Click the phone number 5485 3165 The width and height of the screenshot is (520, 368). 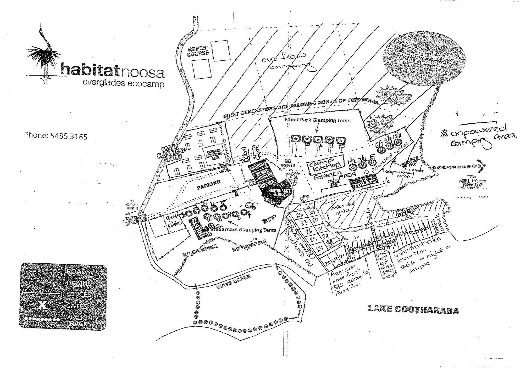tap(56, 136)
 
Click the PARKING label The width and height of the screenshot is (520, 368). tap(209, 182)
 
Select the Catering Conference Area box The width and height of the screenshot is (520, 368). tap(214, 154)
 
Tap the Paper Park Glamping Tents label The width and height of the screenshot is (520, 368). tap(317, 120)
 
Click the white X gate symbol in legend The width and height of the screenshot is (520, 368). tap(42, 305)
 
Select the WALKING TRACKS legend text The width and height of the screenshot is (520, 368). tap(81, 320)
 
